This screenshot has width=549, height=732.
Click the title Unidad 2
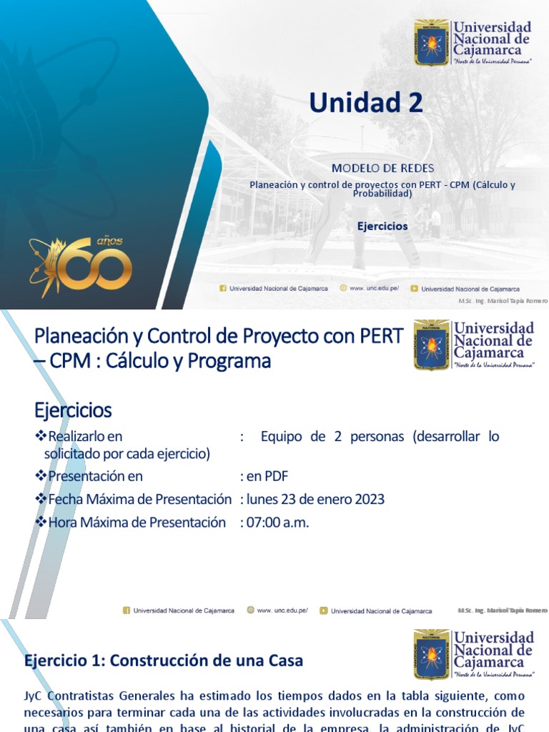pos(365,103)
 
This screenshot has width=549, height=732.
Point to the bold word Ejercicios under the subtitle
pos(382,226)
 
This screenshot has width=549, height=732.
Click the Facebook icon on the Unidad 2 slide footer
pos(223,289)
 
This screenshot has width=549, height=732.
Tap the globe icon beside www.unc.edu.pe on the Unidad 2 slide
pos(343,289)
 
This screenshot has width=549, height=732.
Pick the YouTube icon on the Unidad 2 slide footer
pos(414,289)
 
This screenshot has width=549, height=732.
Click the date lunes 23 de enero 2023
pos(312,499)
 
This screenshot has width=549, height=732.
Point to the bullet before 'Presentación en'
pos(40,476)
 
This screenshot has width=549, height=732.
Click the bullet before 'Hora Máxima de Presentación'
pos(40,523)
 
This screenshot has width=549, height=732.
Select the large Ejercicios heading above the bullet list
pos(73,410)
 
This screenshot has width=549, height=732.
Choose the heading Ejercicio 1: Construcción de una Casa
pos(164,661)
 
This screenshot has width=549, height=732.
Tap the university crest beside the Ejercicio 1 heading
pos(432,654)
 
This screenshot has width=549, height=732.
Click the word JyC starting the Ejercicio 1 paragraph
pos(35,696)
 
